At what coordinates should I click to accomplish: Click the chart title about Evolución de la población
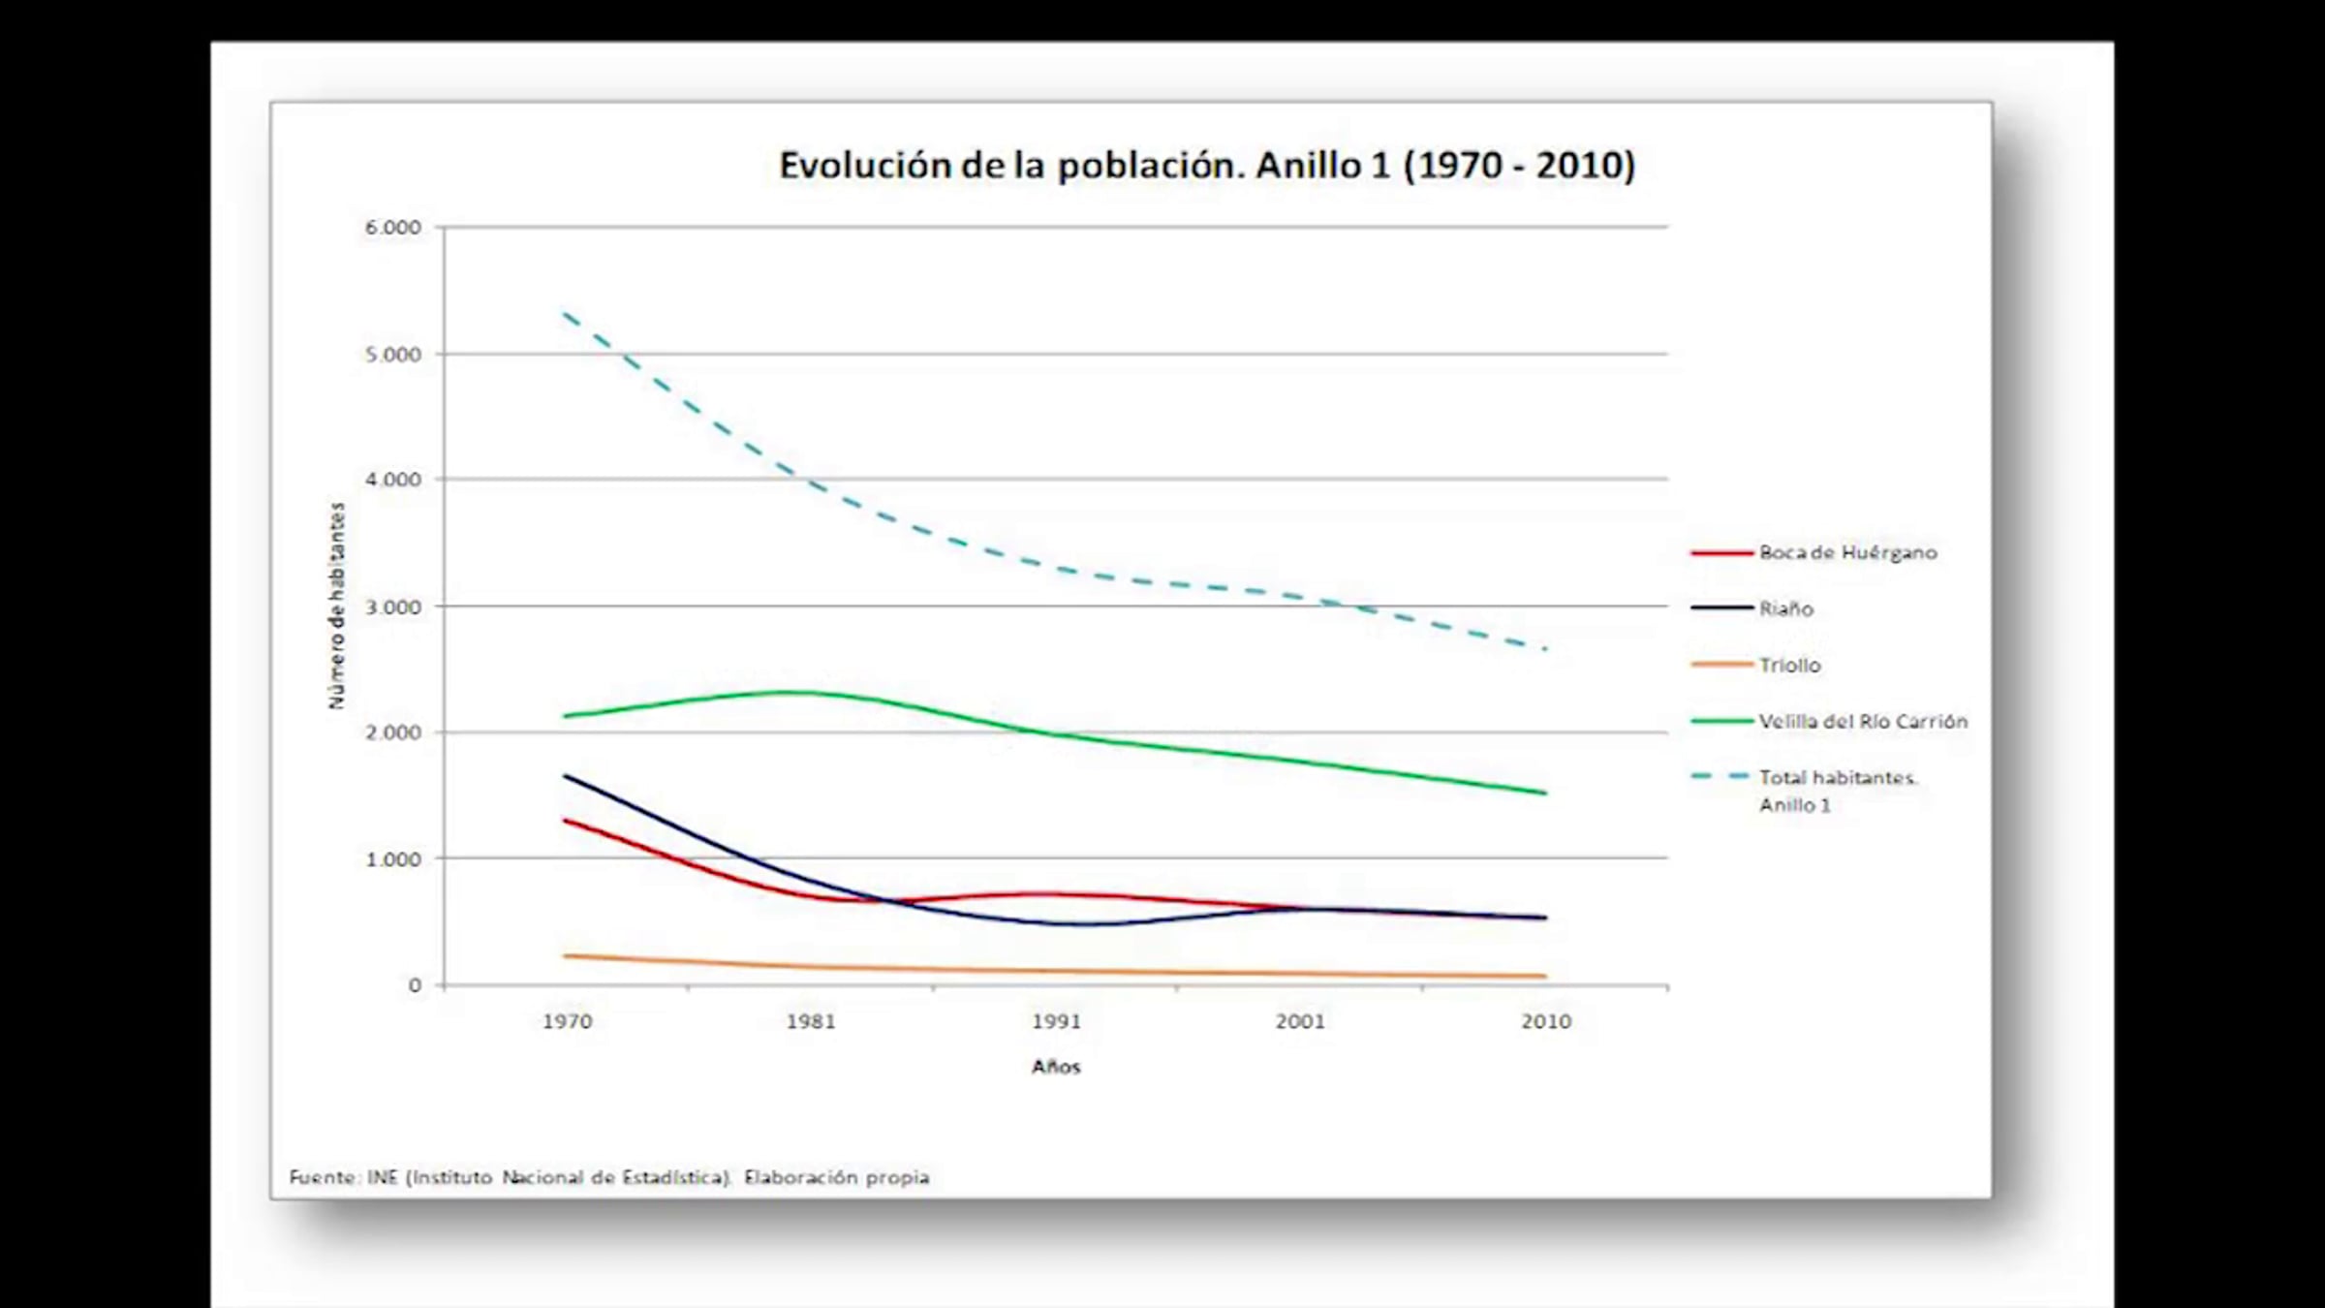coord(1207,166)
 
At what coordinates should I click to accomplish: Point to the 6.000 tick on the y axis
coord(392,228)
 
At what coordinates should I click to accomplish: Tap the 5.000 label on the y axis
coord(392,355)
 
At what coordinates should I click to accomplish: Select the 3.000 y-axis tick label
coord(392,607)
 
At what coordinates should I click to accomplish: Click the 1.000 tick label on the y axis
coord(392,859)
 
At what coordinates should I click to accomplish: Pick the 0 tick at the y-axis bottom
coord(415,985)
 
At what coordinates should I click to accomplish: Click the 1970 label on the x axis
coord(567,1021)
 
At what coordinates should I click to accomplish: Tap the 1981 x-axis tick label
coord(811,1021)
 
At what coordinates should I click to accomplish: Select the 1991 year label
coord(1056,1021)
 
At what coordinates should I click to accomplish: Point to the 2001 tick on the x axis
coord(1300,1021)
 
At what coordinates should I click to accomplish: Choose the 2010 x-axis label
coord(1546,1021)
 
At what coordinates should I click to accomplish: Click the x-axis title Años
coord(1056,1067)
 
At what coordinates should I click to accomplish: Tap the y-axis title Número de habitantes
coord(336,606)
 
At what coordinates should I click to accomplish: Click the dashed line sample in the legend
coord(1721,777)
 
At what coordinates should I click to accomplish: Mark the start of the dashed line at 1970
coord(564,313)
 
